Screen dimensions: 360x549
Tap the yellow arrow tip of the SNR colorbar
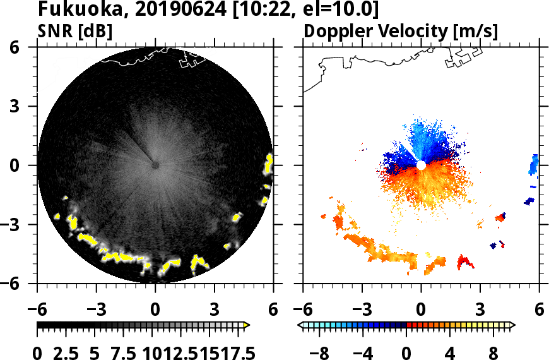coord(247,325)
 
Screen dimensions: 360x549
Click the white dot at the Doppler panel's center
coord(421,165)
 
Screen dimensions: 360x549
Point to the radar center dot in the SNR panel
coord(155,165)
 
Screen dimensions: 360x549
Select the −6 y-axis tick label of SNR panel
coord(20,284)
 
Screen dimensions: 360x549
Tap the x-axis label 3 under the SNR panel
coord(215,310)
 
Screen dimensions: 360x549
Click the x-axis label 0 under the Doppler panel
coord(421,310)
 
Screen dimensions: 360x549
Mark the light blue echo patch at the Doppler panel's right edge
coord(534,164)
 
